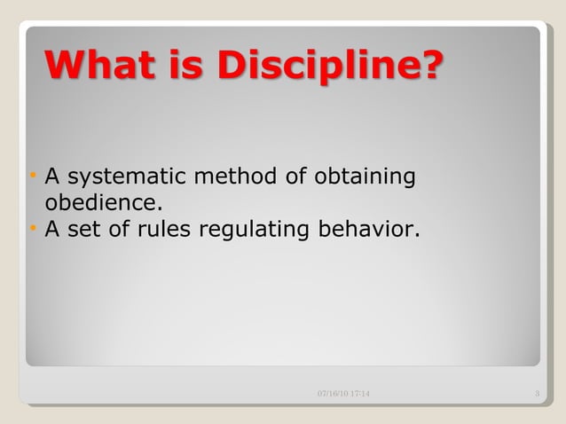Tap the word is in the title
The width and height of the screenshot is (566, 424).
pos(187,65)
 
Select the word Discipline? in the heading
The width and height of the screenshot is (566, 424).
pos(327,66)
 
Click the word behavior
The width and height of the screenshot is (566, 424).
pos(366,231)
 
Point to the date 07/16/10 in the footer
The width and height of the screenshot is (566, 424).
pos(332,393)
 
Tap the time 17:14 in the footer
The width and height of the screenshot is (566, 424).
pos(360,393)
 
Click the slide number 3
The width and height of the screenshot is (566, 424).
pos(538,393)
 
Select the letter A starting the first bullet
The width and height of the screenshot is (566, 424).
pos(51,177)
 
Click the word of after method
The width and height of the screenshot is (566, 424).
pos(296,177)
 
